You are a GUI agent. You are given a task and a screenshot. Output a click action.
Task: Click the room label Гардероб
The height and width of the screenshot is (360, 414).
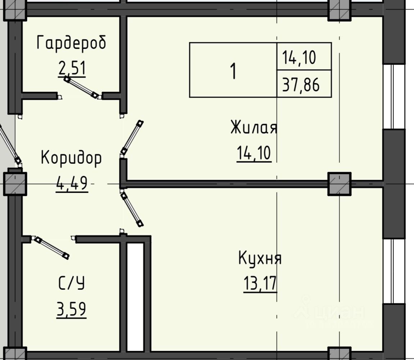point(71,42)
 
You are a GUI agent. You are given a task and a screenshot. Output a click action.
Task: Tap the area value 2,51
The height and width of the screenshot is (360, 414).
point(72,68)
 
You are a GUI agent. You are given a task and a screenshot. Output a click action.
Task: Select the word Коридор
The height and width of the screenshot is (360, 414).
point(71,158)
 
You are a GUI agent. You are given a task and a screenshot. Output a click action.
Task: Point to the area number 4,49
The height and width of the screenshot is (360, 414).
point(72,183)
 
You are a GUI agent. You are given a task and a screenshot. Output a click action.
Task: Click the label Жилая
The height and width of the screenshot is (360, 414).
point(254,127)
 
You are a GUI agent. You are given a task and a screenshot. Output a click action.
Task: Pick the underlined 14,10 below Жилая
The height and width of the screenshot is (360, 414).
point(254,153)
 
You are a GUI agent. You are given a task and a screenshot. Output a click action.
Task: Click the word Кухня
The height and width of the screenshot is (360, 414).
point(260,258)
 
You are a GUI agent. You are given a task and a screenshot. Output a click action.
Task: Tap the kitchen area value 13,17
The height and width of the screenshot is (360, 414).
point(260,283)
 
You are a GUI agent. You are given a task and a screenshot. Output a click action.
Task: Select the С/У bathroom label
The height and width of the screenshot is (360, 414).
point(71,283)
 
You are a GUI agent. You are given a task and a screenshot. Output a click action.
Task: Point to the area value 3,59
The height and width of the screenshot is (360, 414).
point(71,309)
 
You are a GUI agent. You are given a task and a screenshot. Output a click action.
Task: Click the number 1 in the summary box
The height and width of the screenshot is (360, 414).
point(233,71)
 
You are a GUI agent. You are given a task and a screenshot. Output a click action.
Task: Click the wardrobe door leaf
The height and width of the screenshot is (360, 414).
point(81,87)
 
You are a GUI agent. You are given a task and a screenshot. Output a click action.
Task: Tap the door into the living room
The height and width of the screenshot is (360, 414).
point(132,137)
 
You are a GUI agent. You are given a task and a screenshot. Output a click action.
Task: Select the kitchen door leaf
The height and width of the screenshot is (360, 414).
point(132,209)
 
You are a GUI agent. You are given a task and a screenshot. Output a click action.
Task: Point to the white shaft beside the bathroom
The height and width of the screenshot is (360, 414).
point(135,297)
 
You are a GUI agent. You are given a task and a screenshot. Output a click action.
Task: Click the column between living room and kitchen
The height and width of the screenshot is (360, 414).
point(339,184)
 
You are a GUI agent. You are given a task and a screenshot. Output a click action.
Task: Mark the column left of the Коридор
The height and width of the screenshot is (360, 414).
point(15,184)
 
